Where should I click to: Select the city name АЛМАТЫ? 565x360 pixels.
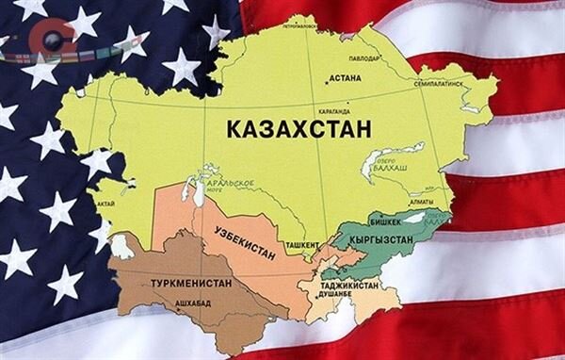pos(419,202)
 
